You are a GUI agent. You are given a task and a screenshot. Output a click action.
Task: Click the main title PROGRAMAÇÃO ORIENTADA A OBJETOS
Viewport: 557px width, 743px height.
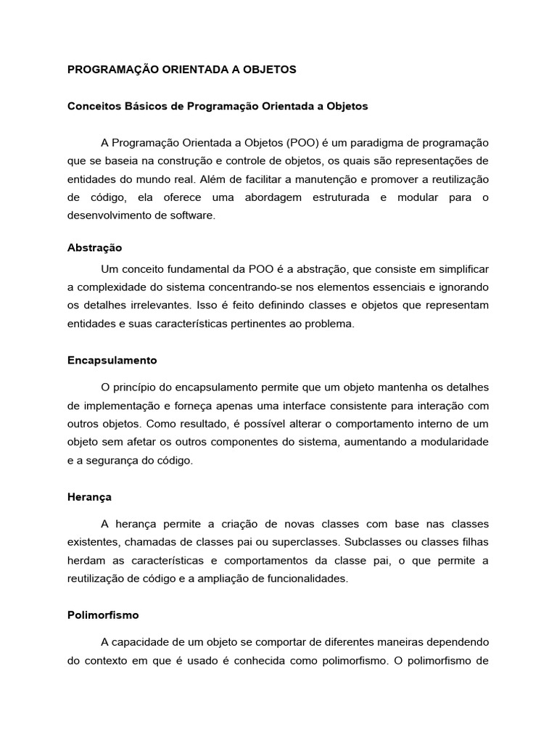click(x=182, y=70)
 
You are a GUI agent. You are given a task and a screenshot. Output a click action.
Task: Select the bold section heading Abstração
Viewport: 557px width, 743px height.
click(x=94, y=247)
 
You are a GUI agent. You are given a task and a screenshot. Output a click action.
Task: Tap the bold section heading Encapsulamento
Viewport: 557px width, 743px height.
click(x=112, y=360)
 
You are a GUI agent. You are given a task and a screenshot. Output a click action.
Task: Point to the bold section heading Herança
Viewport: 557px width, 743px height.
click(x=89, y=498)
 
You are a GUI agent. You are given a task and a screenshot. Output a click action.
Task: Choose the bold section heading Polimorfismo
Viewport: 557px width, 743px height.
click(x=103, y=615)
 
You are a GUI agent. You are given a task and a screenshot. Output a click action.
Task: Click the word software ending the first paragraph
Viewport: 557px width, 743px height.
click(x=194, y=216)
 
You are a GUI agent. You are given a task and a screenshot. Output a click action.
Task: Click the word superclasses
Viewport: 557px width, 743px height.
click(x=308, y=541)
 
